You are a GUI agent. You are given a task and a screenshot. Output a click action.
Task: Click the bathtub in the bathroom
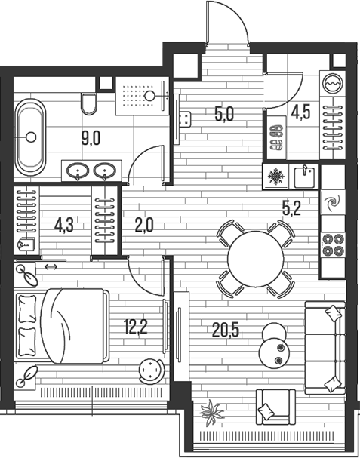coord(31,137)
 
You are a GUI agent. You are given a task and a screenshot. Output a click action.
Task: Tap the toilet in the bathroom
coord(89,104)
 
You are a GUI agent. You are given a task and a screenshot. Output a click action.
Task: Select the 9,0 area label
coord(91,138)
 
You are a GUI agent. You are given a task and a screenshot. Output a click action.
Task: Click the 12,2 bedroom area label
coord(135,327)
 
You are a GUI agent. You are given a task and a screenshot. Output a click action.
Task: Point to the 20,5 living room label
coord(226,330)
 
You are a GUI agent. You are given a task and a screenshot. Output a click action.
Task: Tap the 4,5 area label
coord(300,112)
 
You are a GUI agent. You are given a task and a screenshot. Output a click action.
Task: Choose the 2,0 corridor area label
coord(144,225)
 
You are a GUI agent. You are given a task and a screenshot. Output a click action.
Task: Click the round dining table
coord(255,259)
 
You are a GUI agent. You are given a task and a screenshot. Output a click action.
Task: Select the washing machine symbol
coord(333,84)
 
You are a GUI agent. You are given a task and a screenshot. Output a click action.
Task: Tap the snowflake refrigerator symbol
coord(275,177)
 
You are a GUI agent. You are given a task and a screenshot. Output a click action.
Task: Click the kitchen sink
coord(304,176)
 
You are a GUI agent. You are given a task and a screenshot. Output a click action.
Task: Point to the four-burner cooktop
coord(333,244)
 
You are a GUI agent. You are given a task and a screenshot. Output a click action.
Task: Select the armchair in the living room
coord(275,407)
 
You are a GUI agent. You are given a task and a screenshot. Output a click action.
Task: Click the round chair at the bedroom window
coord(152,370)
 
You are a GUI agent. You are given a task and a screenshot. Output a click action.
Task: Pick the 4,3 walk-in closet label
coord(63,226)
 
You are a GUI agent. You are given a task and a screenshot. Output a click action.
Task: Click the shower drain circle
coord(150,95)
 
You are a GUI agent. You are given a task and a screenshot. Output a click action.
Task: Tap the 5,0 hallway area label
coord(224,114)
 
